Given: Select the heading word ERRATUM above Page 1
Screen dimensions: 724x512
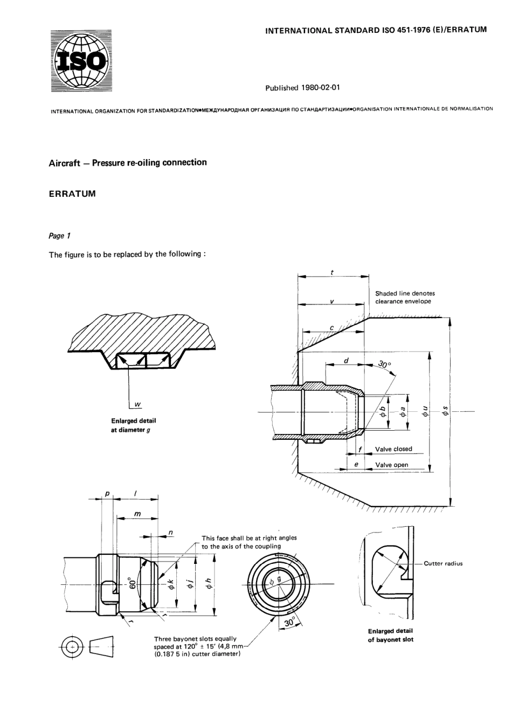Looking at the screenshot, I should (72, 194).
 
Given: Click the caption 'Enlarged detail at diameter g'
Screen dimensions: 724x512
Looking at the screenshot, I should (134, 425).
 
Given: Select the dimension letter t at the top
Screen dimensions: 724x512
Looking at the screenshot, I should (332, 273).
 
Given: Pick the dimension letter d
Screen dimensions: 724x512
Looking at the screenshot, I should (346, 360).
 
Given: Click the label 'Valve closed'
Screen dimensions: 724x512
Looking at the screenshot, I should (393, 449).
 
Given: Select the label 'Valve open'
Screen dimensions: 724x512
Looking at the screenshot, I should (392, 465).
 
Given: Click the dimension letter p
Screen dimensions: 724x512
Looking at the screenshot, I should (107, 494).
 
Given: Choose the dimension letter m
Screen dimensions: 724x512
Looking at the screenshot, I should (137, 514).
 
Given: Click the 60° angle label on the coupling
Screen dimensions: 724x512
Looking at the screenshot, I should (130, 583).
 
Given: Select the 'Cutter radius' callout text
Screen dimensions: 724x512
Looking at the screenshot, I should (443, 564).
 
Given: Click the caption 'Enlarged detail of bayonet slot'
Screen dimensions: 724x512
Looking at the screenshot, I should (390, 636).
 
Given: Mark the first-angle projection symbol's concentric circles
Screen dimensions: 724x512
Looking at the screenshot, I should (72, 645).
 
